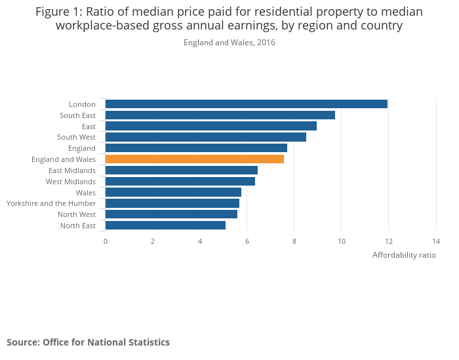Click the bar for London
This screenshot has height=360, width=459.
click(x=246, y=104)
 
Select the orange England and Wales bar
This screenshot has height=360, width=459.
click(x=194, y=159)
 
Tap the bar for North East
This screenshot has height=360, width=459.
click(x=165, y=226)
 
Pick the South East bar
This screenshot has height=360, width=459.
click(x=220, y=115)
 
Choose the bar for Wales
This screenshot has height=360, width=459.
click(x=173, y=192)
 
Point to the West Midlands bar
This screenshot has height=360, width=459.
click(x=180, y=182)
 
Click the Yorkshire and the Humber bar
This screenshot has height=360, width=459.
click(x=172, y=203)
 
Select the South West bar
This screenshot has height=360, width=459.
click(x=205, y=137)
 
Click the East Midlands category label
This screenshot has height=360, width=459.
click(x=72, y=170)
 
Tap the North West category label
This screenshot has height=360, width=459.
click(x=77, y=214)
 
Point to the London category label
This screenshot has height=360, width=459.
click(x=82, y=104)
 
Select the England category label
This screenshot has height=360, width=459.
click(x=82, y=148)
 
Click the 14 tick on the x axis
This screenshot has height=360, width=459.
click(x=436, y=241)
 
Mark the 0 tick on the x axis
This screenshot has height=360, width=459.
click(x=106, y=241)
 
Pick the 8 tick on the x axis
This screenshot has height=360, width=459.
click(x=294, y=241)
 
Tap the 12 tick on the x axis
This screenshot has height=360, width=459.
click(x=389, y=241)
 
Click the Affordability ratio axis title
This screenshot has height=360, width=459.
click(x=404, y=255)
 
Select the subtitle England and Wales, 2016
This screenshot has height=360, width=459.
click(x=229, y=43)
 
